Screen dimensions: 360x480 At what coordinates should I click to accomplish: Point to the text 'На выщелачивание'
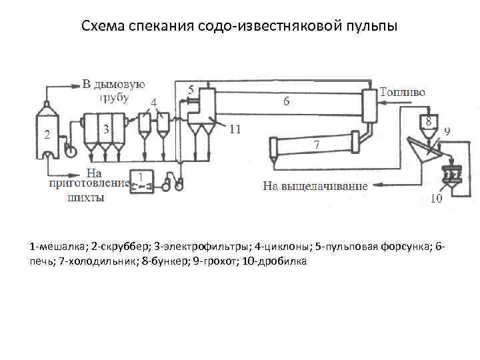pyautogui.click(x=315, y=186)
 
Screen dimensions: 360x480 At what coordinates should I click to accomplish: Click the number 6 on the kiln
pyautogui.click(x=287, y=102)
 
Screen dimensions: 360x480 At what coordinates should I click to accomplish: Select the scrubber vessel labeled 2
pyautogui.click(x=47, y=133)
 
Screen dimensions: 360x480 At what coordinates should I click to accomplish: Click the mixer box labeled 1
pyautogui.click(x=140, y=179)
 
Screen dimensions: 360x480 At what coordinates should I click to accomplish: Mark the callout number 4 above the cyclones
pyautogui.click(x=154, y=103)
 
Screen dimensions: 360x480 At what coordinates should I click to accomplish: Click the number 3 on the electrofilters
pyautogui.click(x=105, y=127)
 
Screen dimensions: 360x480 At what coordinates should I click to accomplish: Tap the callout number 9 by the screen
pyautogui.click(x=446, y=132)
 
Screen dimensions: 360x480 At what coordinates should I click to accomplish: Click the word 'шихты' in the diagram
pyautogui.click(x=86, y=197)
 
